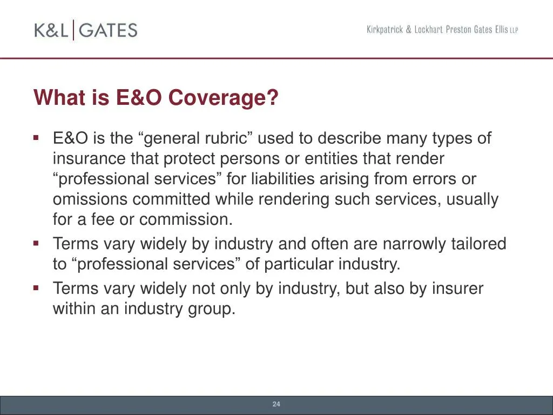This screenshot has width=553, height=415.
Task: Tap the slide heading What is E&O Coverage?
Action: tap(156, 98)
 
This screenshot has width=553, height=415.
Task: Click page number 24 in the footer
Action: tap(276, 404)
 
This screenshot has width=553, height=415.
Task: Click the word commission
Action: tap(186, 220)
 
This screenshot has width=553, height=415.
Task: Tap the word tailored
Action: tap(481, 244)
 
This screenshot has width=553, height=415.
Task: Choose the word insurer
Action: tap(457, 289)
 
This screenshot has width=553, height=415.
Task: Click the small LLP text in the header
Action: tap(513, 31)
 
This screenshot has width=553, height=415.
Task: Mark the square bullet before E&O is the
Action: tap(36, 138)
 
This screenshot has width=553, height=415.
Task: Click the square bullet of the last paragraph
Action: tap(36, 288)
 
